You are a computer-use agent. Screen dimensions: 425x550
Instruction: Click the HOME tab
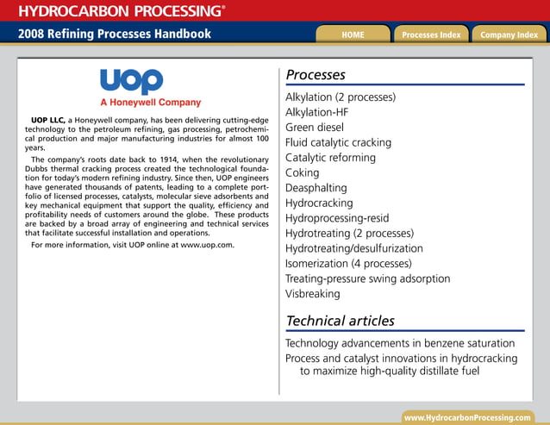click(353, 34)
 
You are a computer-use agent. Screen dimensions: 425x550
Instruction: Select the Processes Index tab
click(431, 34)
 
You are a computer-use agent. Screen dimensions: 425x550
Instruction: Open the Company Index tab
click(509, 34)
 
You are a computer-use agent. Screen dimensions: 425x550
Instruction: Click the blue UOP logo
click(131, 81)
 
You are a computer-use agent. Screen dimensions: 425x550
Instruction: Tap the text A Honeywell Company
click(151, 103)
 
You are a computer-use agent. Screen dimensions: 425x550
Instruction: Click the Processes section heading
click(316, 75)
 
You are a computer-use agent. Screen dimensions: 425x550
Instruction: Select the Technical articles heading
click(340, 321)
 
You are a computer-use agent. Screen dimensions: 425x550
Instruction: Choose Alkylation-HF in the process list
click(316, 112)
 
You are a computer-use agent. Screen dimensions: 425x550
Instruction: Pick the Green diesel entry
click(315, 127)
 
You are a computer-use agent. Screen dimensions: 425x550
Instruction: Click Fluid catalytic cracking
click(338, 142)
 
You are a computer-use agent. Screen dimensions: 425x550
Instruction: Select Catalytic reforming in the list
click(330, 158)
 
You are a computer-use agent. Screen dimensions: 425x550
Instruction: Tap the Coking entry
click(302, 172)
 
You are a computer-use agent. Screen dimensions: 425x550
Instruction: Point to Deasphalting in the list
click(316, 188)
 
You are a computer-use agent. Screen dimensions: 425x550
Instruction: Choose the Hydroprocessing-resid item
click(335, 218)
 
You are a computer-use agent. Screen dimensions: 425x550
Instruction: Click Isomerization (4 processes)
click(348, 263)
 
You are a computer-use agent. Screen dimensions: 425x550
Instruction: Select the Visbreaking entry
click(312, 293)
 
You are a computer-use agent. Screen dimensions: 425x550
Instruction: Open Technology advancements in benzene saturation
click(400, 343)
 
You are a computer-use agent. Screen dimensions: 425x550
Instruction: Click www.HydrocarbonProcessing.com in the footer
click(468, 417)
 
